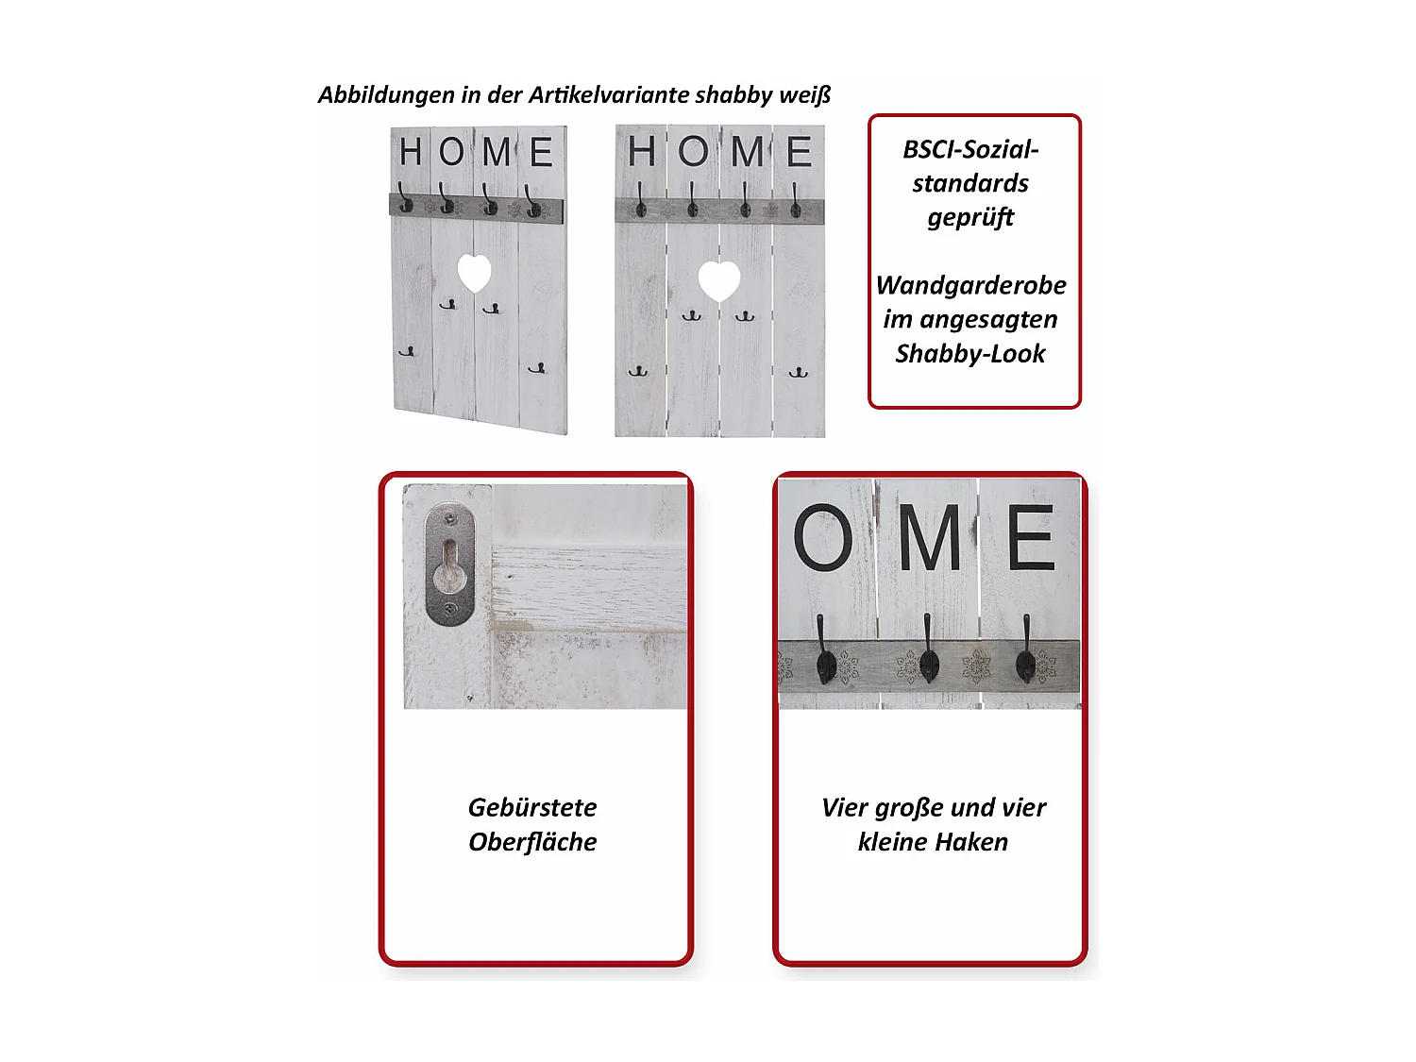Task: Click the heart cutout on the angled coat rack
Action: pyautogui.click(x=474, y=273)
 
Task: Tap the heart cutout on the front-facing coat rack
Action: pyautogui.click(x=718, y=280)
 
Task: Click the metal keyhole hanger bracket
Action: pyautogui.click(x=449, y=565)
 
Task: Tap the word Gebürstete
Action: pyautogui.click(x=532, y=807)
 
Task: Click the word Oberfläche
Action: pyautogui.click(x=532, y=841)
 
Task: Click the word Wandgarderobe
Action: pyautogui.click(x=970, y=285)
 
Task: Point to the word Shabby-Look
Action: pyautogui.click(x=970, y=353)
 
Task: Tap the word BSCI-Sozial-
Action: pyautogui.click(x=970, y=149)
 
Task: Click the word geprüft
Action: pyautogui.click(x=970, y=218)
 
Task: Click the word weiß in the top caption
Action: pyautogui.click(x=804, y=94)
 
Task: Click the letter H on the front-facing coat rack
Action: pyautogui.click(x=642, y=151)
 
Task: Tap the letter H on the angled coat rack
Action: pyautogui.click(x=411, y=151)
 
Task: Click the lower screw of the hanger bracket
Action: pyautogui.click(x=450, y=609)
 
